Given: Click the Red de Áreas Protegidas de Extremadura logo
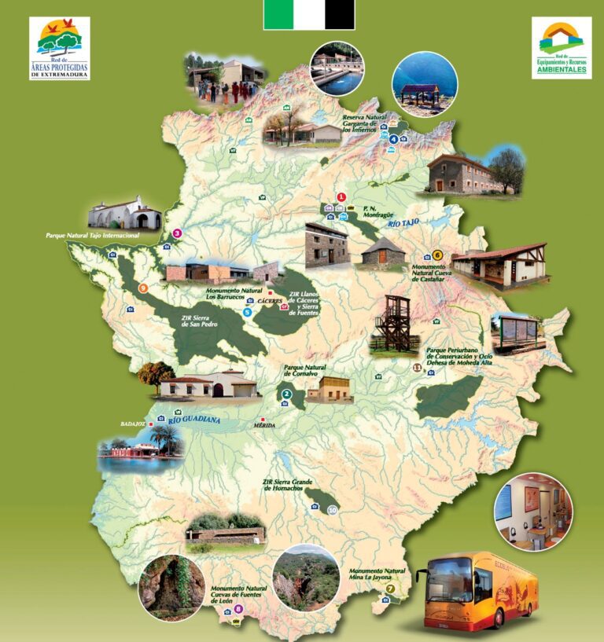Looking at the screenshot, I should pyautogui.click(x=59, y=48).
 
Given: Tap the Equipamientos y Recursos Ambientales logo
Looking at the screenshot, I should pyautogui.click(x=561, y=48).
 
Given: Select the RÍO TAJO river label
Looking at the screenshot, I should pyautogui.click(x=403, y=224).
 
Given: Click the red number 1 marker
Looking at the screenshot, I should pyautogui.click(x=341, y=197).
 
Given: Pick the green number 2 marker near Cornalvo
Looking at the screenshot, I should pyautogui.click(x=287, y=394).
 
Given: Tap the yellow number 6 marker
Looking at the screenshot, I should pyautogui.click(x=437, y=255).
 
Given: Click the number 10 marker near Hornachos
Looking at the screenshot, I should pyautogui.click(x=333, y=510).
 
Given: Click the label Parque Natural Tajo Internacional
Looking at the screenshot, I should pyautogui.click(x=92, y=235).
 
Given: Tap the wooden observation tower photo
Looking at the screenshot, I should pyautogui.click(x=395, y=323).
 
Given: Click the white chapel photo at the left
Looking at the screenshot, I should pyautogui.click(x=124, y=213).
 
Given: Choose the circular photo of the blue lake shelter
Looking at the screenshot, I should pyautogui.click(x=425, y=84).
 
